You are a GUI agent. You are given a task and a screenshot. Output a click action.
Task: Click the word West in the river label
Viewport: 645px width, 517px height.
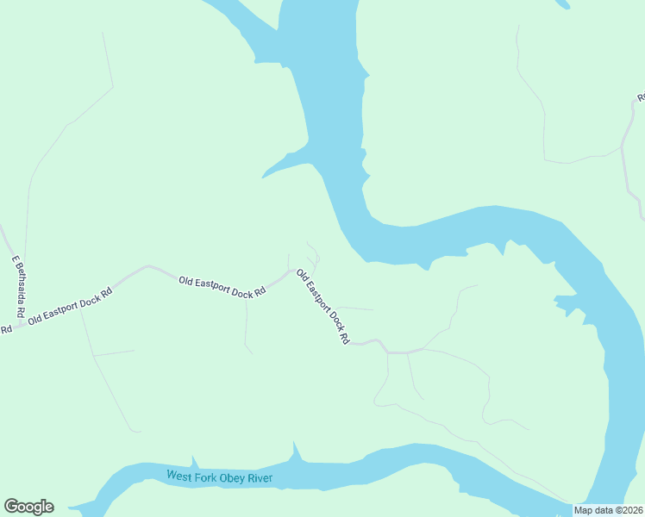click(181, 476)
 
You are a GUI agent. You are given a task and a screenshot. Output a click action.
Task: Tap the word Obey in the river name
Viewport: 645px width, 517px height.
click(235, 478)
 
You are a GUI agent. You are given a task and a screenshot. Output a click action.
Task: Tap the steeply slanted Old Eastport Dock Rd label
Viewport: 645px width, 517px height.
click(322, 308)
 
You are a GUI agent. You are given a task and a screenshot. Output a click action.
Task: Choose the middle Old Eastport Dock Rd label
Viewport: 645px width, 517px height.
click(222, 286)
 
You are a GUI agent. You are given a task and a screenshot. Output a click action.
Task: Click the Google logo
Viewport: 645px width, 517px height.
click(28, 507)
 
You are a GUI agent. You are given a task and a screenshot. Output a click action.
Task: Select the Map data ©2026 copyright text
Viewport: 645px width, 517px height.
click(608, 510)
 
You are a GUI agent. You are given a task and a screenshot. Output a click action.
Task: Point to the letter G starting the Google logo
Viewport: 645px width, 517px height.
click(10, 507)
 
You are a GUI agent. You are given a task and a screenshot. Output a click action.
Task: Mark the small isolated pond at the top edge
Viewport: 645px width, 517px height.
click(562, 3)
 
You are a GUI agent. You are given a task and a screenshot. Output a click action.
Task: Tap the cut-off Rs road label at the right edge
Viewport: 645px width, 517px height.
click(641, 97)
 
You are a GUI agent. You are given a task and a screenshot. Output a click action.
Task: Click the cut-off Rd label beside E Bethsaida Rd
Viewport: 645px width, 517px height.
click(5, 329)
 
